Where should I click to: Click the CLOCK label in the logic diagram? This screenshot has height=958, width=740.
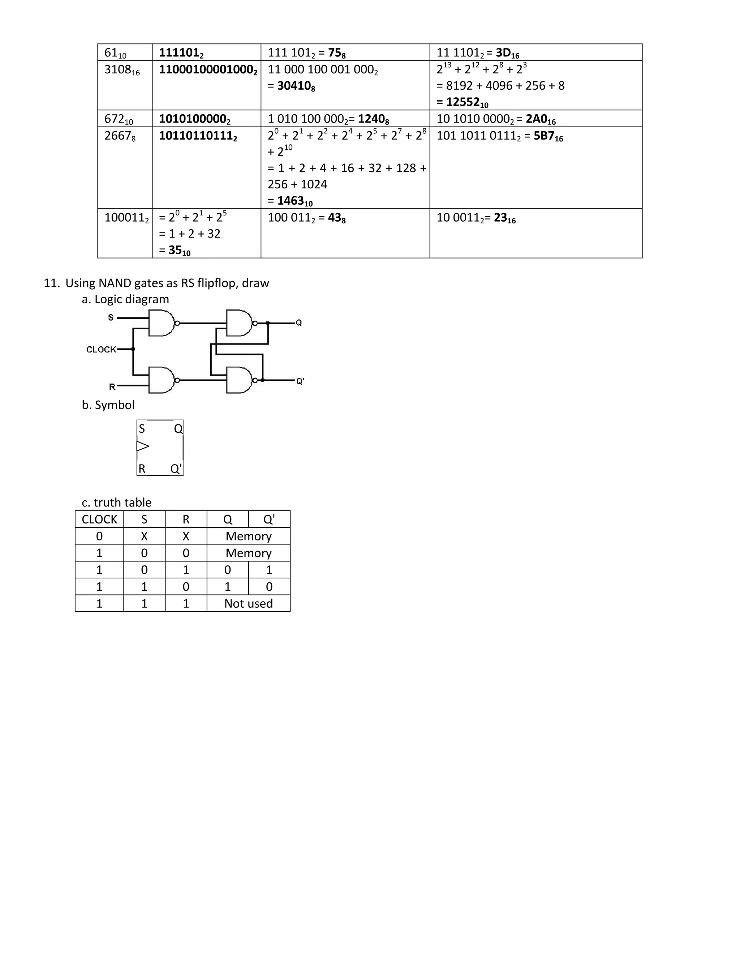tap(101, 350)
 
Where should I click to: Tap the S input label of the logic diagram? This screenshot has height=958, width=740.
tap(111, 317)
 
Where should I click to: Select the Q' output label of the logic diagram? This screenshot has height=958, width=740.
tap(300, 381)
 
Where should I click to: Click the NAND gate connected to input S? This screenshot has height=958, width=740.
tap(161, 323)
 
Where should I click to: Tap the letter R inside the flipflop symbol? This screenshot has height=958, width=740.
tap(142, 469)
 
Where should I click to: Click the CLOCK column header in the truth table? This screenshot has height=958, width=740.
tap(99, 519)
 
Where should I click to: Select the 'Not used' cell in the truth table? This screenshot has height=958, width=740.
tap(249, 604)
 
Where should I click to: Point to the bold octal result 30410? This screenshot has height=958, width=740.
tap(296, 86)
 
